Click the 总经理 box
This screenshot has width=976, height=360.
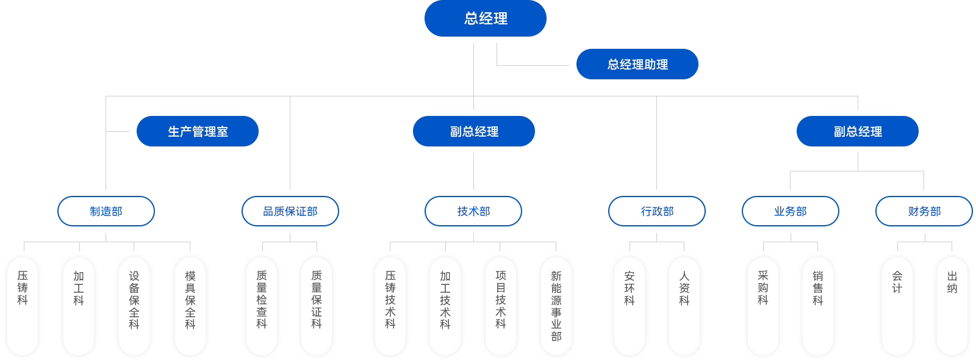point(485,18)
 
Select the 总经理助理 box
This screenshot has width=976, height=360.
point(637,64)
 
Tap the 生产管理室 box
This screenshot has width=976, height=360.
point(197,131)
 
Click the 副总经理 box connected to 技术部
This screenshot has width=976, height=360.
point(473,131)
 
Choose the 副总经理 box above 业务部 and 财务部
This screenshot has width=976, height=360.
point(857,131)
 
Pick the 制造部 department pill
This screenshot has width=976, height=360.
point(106,211)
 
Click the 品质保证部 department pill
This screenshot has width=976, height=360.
point(290,211)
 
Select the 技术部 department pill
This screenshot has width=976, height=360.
point(473,211)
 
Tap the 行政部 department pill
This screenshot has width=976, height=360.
point(657,211)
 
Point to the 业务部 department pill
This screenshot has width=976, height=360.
point(790,211)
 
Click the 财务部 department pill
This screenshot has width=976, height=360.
point(924,211)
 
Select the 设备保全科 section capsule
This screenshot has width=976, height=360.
point(134,305)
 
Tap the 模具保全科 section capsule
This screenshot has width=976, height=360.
point(190,305)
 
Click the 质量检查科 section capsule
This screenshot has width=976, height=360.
point(262,305)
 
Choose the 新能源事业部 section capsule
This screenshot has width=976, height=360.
point(556,305)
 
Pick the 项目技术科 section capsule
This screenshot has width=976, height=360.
point(501,305)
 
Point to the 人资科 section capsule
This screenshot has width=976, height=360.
point(684,305)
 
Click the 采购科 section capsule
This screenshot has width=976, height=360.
point(763,305)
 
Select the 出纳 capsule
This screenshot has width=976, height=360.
point(952,305)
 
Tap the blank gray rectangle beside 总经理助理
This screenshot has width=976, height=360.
point(533,54)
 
